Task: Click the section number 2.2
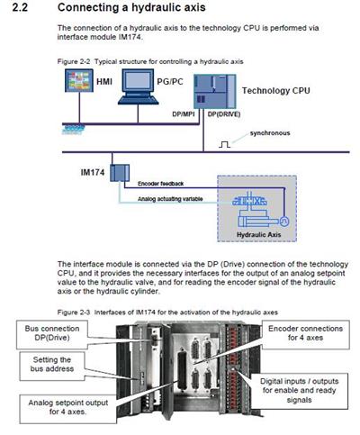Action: coord(20,7)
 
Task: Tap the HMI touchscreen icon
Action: coord(79,80)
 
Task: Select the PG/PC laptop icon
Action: coord(138,86)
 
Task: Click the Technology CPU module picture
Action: coord(214,91)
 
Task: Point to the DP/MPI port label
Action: coord(184,114)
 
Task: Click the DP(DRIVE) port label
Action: coord(224,114)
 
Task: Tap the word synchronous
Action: coord(270,133)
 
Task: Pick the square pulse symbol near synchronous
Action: coord(224,145)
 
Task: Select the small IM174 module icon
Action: coord(120,173)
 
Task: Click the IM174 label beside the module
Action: coord(93,172)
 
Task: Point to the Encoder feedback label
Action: coord(160,184)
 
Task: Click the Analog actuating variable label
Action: coord(170,199)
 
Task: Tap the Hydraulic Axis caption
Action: coord(258,234)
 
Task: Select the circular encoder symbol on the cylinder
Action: coord(284,222)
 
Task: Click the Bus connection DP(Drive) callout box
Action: coord(52,334)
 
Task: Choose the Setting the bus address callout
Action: coord(52,366)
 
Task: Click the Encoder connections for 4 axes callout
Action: coord(305,334)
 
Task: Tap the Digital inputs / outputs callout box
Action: coord(299,391)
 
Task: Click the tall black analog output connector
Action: coord(182,369)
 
